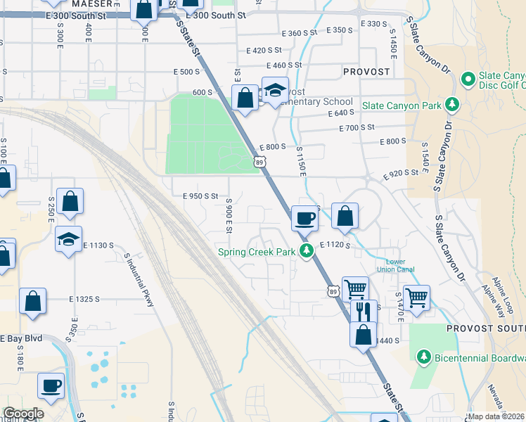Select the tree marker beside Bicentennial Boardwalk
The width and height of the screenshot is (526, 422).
[x=423, y=357]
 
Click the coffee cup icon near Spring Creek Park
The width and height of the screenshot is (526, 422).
[x=304, y=218]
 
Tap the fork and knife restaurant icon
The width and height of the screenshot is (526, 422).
[x=363, y=310]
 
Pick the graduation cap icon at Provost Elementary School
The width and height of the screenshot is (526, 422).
[x=275, y=91]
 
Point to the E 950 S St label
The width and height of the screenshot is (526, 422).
[x=200, y=196]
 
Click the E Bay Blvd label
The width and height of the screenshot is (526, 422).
[x=21, y=338]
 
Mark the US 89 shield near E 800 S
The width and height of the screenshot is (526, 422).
[x=260, y=162]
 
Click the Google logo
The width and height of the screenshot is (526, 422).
[x=23, y=414]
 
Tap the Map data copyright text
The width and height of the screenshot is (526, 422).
[x=496, y=416]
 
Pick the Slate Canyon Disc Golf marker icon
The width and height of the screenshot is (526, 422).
[x=467, y=81]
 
